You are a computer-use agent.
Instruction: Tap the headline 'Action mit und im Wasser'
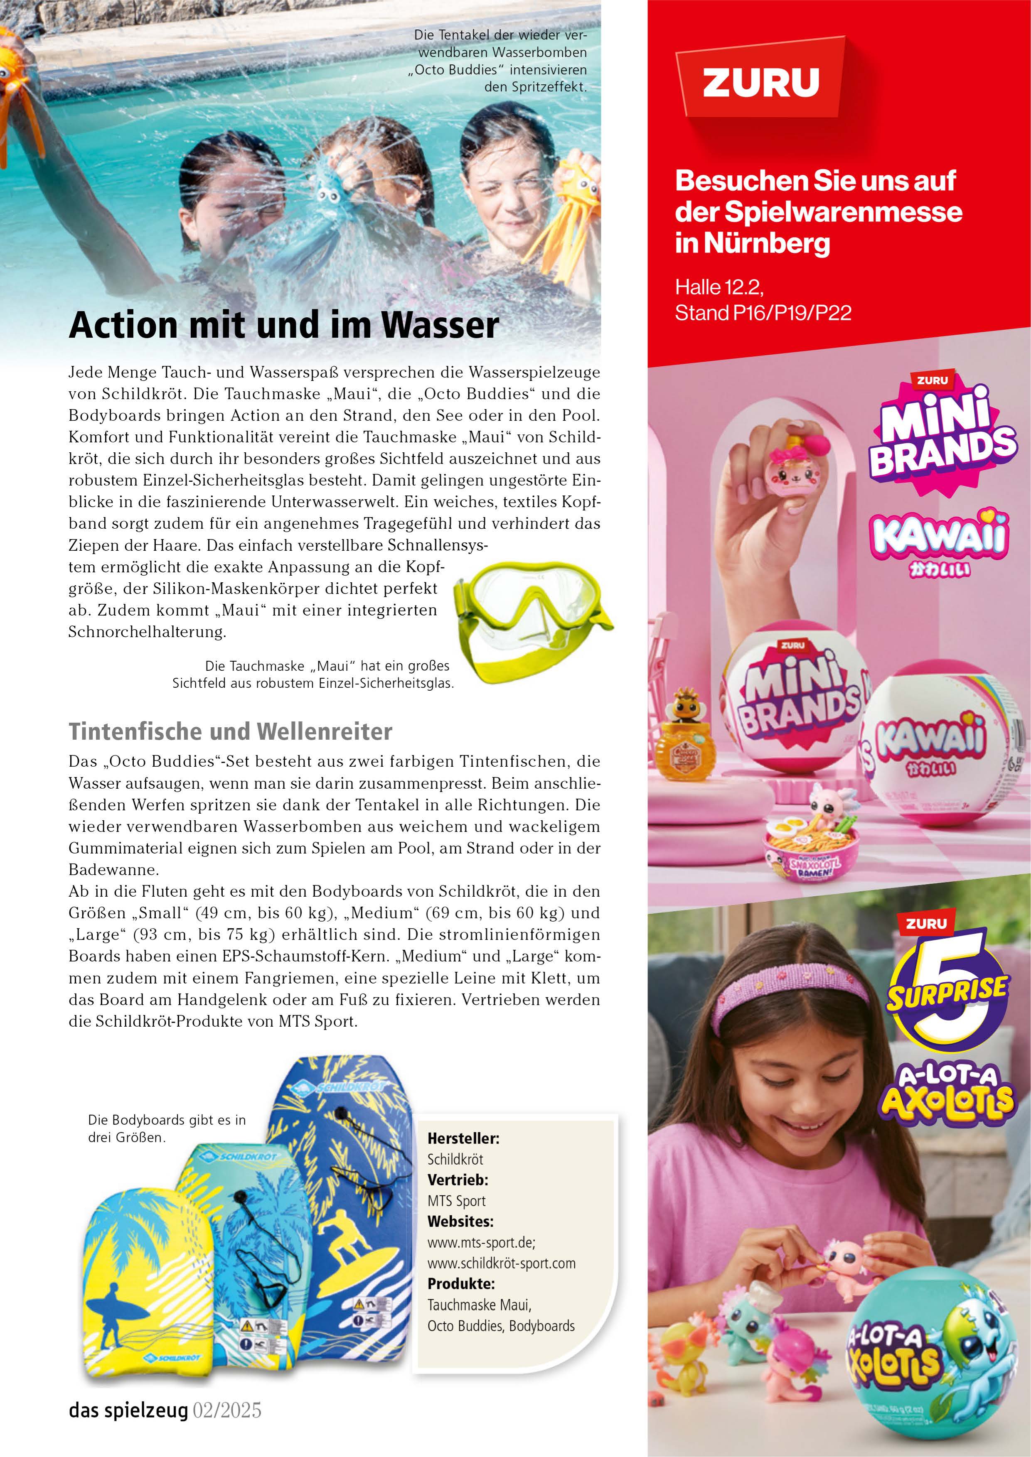pyautogui.click(x=284, y=325)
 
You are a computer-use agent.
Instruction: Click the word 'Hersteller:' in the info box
pyautogui.click(x=463, y=1138)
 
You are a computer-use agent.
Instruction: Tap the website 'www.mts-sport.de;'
pyautogui.click(x=481, y=1242)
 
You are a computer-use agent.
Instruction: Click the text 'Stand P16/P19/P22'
pyautogui.click(x=763, y=313)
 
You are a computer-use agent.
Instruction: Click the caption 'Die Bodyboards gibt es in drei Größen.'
pyautogui.click(x=166, y=1128)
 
